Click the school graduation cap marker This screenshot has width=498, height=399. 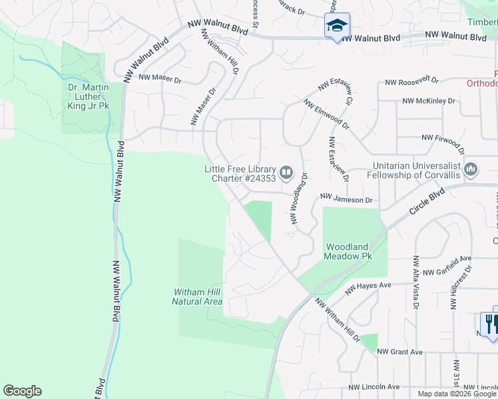(337, 25)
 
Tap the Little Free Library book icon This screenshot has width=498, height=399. (287, 174)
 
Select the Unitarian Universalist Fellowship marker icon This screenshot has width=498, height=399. (471, 170)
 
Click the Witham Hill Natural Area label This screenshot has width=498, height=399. (197, 297)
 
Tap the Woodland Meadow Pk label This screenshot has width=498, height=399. (348, 250)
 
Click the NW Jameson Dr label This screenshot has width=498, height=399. (346, 198)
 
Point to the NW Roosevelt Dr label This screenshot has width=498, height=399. (412, 81)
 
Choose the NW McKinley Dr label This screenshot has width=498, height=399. (429, 101)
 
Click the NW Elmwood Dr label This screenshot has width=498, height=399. (326, 115)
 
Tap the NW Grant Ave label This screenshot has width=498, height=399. (400, 351)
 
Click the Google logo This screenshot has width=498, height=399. (22, 391)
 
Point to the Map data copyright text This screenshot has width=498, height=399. (457, 394)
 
